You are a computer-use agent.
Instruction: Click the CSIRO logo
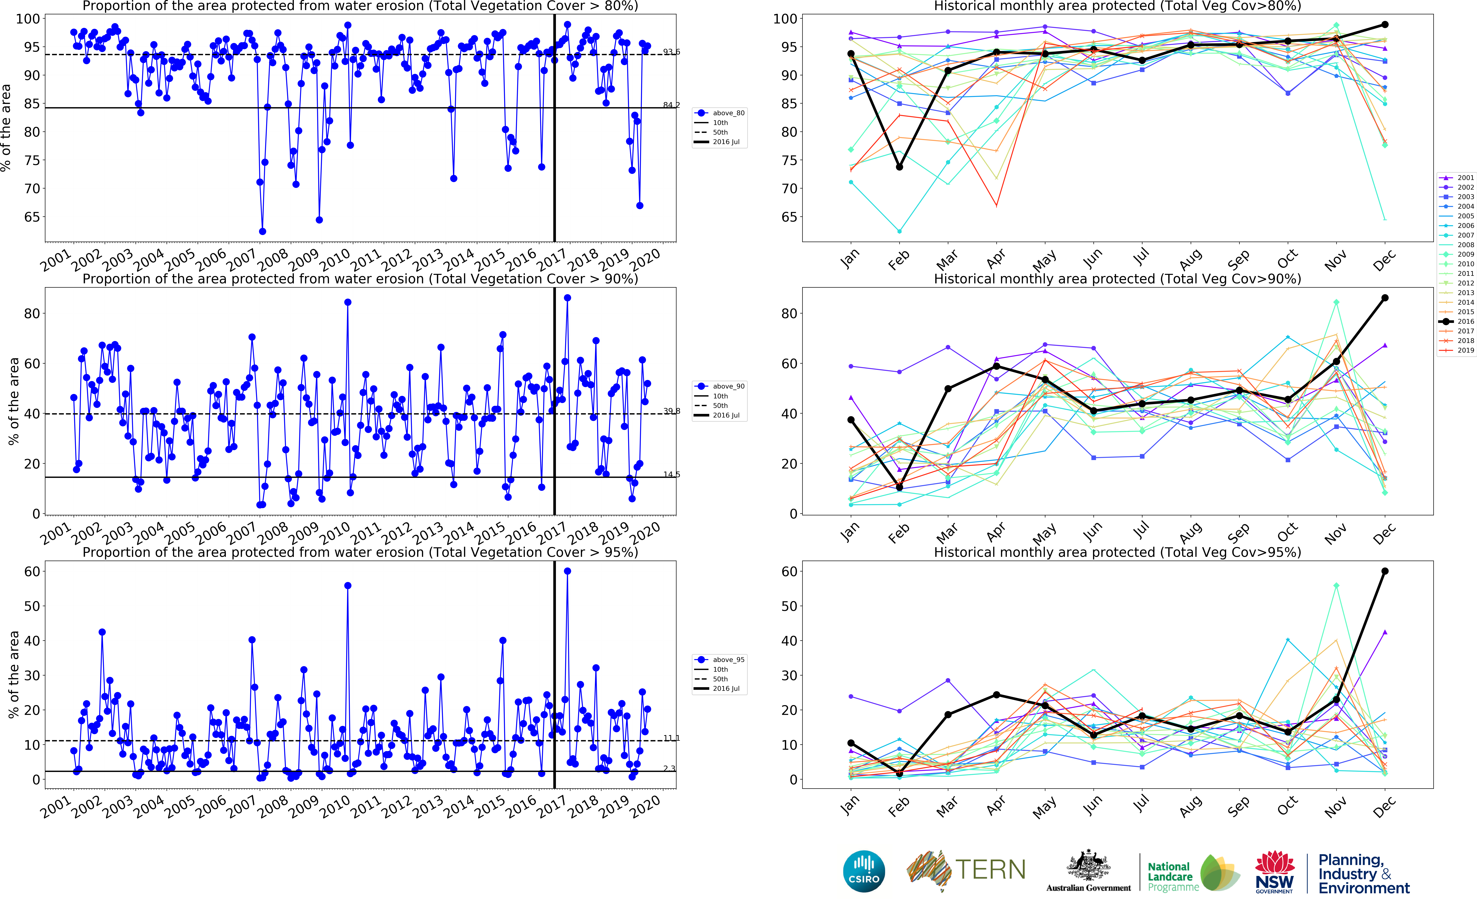tap(864, 871)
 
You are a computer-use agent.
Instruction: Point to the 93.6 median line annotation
tap(671, 52)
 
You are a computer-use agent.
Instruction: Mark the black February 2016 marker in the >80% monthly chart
tap(899, 167)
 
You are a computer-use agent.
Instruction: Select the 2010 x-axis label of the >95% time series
tap(335, 806)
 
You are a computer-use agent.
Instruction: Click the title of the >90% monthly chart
tap(1117, 279)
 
